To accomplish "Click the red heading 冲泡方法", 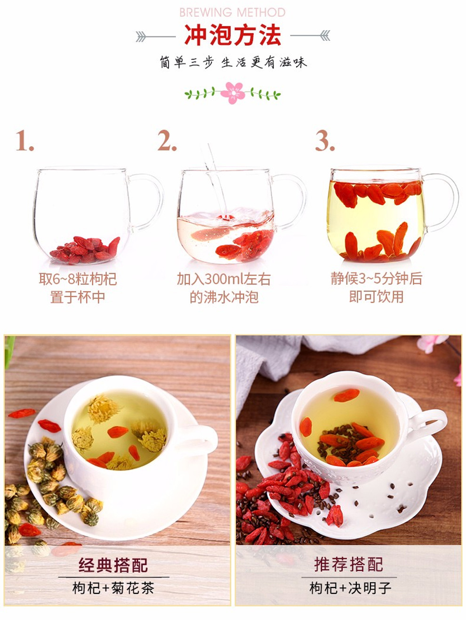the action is [x=233, y=35].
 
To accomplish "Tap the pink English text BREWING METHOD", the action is [x=233, y=12].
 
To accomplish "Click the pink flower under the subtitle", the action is [x=233, y=93].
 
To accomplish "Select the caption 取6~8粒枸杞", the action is [x=78, y=279].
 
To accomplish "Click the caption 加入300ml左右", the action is [x=224, y=279].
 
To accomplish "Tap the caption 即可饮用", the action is [x=377, y=297].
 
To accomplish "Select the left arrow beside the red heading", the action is [x=155, y=37].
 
